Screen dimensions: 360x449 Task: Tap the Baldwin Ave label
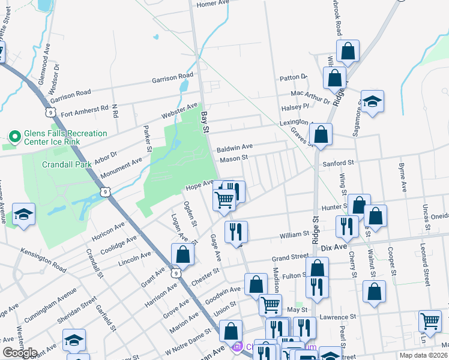pos(235,147)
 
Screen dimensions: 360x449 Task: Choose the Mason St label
pos(234,158)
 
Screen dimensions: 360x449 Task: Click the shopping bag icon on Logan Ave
pos(182,254)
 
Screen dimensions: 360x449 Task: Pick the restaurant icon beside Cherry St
pos(348,226)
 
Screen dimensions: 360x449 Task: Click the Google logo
pos(20,353)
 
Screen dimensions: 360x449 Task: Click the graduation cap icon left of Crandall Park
pos(23,215)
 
